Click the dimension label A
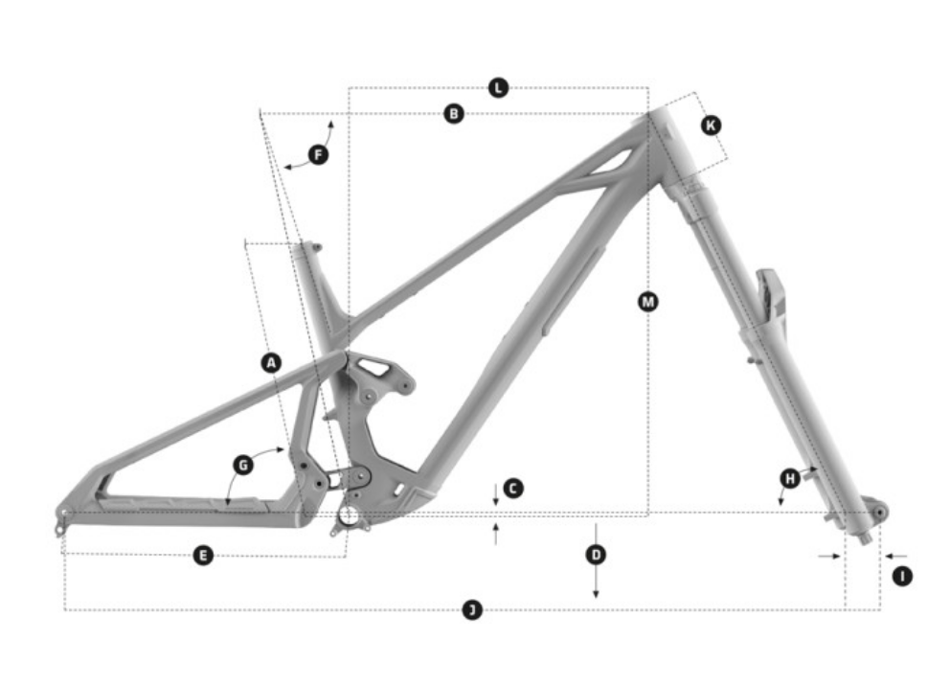(271, 363)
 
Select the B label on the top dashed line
(454, 113)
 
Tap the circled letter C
(513, 489)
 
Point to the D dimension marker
(597, 555)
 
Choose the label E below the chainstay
(204, 555)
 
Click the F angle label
(318, 154)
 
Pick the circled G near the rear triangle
(243, 466)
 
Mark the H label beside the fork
(790, 479)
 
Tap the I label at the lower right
(903, 576)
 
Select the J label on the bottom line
(472, 609)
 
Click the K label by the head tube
(711, 126)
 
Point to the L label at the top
(498, 88)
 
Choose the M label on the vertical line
(648, 301)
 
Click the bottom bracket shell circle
(349, 515)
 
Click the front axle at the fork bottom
(879, 513)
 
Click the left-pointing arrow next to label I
(896, 556)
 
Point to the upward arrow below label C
(496, 534)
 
